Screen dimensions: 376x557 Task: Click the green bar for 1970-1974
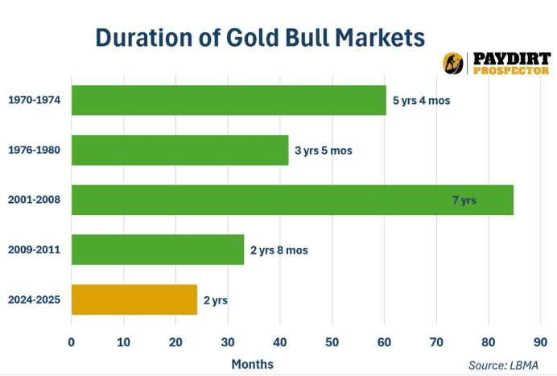229,101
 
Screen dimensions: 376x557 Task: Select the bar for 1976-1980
179,151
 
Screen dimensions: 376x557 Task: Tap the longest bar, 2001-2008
292,200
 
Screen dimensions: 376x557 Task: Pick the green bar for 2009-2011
158,250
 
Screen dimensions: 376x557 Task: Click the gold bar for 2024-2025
134,300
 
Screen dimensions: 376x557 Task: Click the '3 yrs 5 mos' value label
324,151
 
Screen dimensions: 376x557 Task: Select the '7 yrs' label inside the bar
464,200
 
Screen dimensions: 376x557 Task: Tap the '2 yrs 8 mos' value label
278,250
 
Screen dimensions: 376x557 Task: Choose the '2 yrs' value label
215,300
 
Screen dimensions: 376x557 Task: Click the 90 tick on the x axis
540,341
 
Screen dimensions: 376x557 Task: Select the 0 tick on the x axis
72,341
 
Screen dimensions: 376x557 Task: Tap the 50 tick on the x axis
332,341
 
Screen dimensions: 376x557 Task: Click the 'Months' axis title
252,364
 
